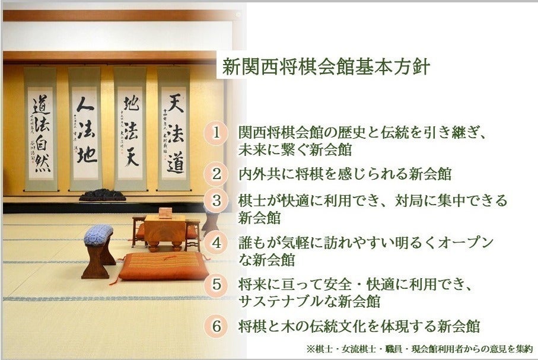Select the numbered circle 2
[x=217, y=174]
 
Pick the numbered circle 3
[x=217, y=200]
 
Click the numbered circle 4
[x=217, y=243]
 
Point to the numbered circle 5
[x=217, y=285]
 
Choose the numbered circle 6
[x=217, y=326]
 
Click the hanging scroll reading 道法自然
[x=40, y=130]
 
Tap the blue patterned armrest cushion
[x=98, y=234]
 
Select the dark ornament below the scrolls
[x=102, y=196]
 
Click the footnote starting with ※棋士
[x=419, y=348]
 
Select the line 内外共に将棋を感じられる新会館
[x=345, y=174]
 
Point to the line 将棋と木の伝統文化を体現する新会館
[x=358, y=326]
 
